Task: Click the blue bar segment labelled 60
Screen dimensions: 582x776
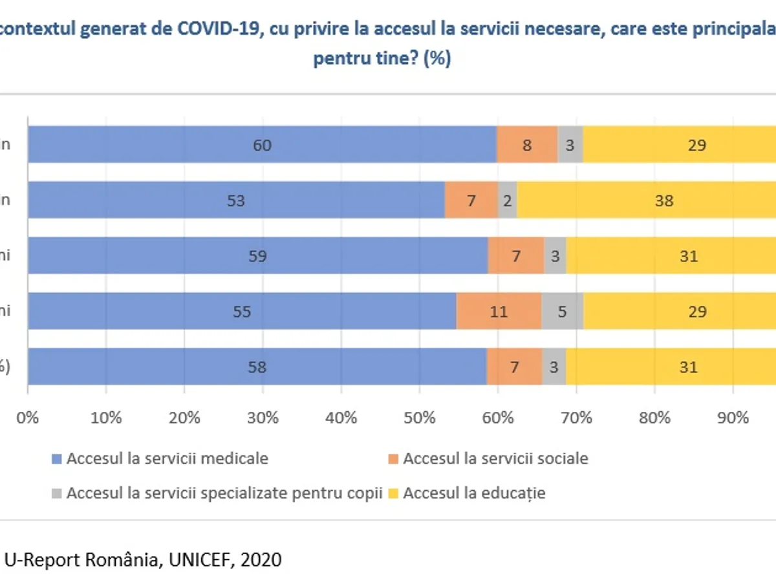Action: click(x=262, y=145)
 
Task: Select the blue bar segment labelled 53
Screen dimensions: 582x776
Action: click(x=236, y=200)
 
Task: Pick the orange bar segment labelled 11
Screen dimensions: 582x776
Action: click(x=499, y=312)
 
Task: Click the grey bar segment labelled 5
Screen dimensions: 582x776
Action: click(x=563, y=312)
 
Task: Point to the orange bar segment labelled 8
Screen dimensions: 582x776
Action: click(x=527, y=145)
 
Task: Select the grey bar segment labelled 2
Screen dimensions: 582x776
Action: click(x=508, y=200)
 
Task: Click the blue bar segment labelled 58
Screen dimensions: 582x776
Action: click(x=257, y=367)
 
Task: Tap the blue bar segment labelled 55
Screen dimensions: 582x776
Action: click(x=241, y=312)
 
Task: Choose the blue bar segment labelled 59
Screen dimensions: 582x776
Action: click(x=257, y=256)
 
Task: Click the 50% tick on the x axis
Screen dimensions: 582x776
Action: click(x=420, y=418)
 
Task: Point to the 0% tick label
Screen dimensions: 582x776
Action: click(x=28, y=418)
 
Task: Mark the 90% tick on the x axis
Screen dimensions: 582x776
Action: click(x=733, y=418)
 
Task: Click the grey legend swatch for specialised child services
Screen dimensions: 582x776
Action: click(x=57, y=493)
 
